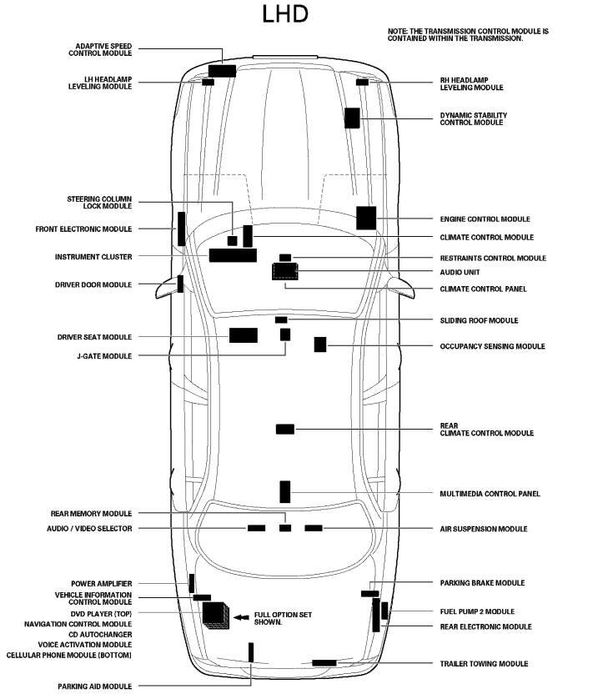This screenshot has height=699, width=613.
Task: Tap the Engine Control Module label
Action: click(485, 219)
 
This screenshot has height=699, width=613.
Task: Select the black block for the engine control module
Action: click(366, 217)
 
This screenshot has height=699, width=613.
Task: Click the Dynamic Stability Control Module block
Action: click(352, 118)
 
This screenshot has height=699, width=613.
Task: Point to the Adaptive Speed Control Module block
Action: click(222, 70)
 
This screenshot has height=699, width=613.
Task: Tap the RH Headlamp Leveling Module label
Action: click(472, 84)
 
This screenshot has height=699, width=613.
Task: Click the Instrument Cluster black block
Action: click(232, 255)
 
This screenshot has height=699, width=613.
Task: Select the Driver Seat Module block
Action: click(243, 335)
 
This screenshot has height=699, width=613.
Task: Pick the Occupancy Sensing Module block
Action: click(319, 344)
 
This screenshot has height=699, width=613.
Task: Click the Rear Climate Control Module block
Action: click(284, 429)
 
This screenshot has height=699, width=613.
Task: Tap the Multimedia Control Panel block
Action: click(284, 491)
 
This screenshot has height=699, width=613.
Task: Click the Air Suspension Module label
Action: click(483, 529)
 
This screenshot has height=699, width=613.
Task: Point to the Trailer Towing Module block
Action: click(324, 662)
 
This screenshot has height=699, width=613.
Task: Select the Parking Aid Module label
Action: click(94, 686)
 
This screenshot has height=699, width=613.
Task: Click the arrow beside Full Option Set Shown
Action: click(241, 617)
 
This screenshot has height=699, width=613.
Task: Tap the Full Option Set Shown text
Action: click(283, 618)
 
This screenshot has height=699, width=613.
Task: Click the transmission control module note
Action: click(468, 35)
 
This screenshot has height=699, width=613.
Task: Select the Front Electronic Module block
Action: click(181, 229)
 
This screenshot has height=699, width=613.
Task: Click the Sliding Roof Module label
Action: click(479, 320)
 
